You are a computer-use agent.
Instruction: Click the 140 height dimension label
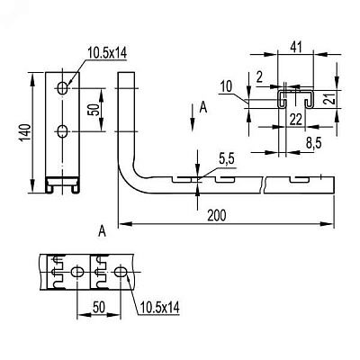[25, 132]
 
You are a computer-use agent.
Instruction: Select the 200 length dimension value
[217, 215]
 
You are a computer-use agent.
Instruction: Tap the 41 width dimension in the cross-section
[295, 48]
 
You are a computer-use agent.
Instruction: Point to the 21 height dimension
[330, 98]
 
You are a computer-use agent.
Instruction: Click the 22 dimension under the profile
[295, 120]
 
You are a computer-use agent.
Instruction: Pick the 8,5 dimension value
[313, 143]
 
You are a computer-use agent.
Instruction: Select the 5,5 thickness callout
[227, 159]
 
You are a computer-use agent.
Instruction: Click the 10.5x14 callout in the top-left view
[107, 53]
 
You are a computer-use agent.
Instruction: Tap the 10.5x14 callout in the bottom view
[160, 307]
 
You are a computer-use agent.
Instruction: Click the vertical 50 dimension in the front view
[93, 110]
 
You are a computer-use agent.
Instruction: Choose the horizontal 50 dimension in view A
[99, 307]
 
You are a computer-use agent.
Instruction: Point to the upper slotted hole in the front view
[63, 88]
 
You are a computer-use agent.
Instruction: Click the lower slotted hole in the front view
[63, 131]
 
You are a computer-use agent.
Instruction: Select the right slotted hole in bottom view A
[121, 272]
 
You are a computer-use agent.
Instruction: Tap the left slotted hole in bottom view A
[77, 272]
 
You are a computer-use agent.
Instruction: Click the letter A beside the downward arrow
[203, 107]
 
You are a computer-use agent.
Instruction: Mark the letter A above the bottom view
[103, 231]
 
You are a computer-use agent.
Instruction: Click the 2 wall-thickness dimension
[260, 77]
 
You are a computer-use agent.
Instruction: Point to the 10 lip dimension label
[227, 87]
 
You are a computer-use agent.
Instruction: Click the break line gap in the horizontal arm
[264, 185]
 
